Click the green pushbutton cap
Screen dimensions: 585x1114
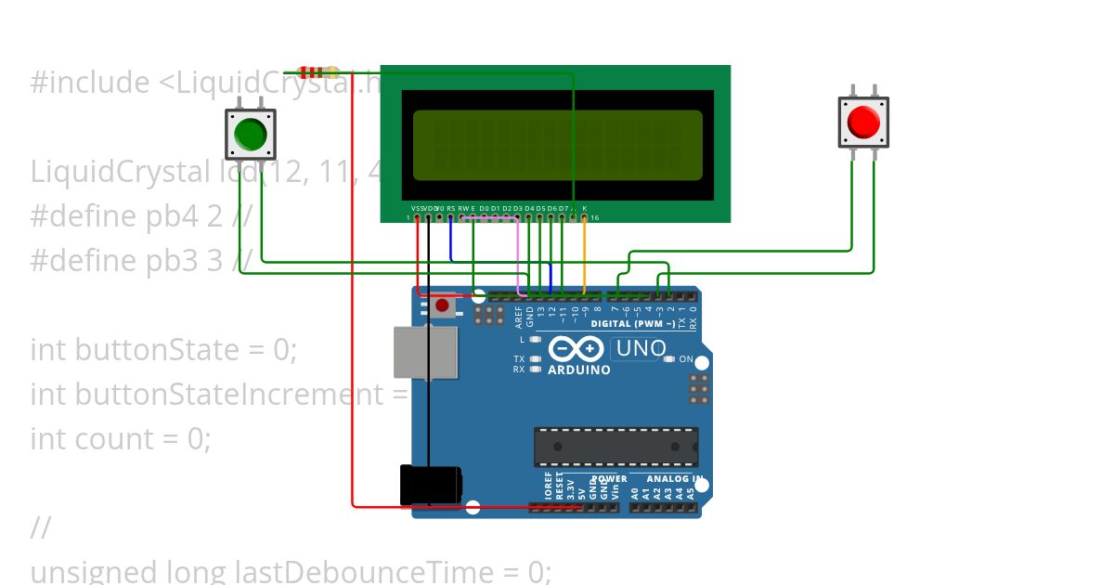click(251, 134)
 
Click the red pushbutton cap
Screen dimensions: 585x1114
click(863, 122)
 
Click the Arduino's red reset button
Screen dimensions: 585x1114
click(442, 305)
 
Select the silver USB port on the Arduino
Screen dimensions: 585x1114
click(425, 352)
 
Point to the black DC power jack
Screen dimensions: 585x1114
click(430, 485)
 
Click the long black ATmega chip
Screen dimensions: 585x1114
click(615, 447)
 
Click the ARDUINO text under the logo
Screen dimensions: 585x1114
click(579, 370)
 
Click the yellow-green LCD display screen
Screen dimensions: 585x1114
click(557, 145)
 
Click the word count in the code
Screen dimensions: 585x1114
click(149, 438)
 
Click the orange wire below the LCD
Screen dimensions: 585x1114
click(584, 255)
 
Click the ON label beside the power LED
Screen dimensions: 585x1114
click(686, 358)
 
